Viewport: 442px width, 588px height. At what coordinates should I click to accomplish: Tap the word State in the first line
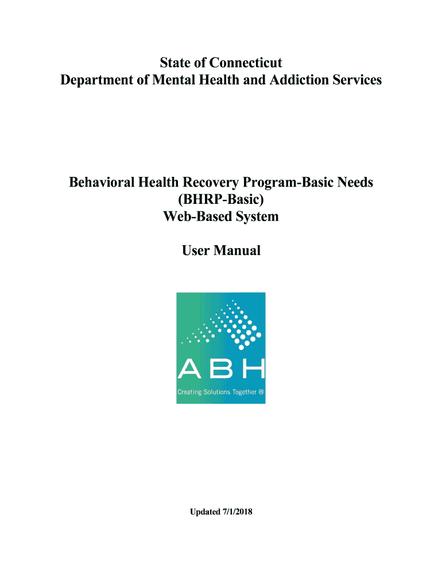pos(176,62)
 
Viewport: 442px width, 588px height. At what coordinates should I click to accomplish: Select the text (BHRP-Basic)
pos(221,200)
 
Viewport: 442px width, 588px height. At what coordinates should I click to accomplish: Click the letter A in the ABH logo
pos(189,369)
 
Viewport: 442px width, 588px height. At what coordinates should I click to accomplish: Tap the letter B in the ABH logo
pos(221,369)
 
